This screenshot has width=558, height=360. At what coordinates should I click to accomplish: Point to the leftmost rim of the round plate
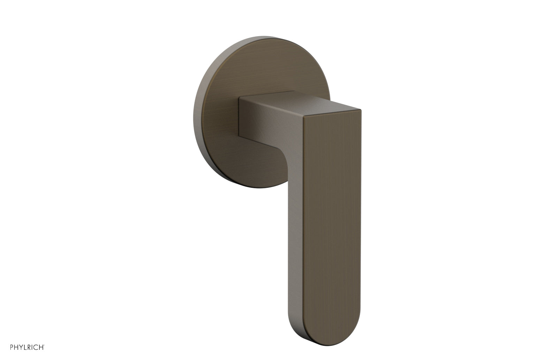coord(193,112)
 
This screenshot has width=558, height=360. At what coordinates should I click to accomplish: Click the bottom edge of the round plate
coord(258,187)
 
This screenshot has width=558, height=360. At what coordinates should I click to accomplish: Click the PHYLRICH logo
coord(27,347)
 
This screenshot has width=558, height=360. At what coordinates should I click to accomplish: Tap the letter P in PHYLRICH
coord(12,347)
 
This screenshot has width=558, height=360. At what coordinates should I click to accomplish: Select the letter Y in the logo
coord(21,347)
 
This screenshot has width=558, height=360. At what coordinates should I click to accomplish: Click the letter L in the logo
coord(25,347)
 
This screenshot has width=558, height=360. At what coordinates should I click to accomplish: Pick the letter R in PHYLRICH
coord(29,347)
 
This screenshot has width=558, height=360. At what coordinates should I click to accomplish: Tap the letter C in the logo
coord(36,347)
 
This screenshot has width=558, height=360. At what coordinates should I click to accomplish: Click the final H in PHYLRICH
coord(41,347)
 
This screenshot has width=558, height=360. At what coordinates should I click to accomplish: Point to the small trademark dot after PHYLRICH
coord(44,345)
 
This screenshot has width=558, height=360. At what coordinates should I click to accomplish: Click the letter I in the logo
coord(32,347)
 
